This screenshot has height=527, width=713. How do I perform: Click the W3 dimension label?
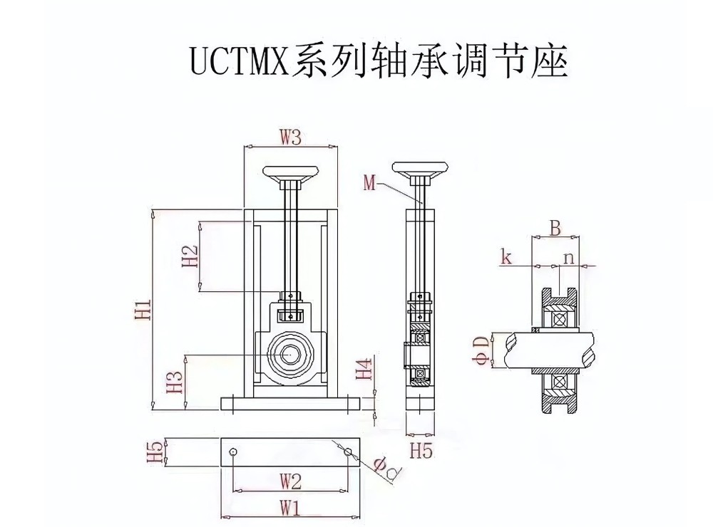[290, 137]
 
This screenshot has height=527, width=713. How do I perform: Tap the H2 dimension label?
[190, 256]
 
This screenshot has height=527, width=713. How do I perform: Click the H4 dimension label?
[364, 368]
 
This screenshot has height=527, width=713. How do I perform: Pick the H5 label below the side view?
[421, 450]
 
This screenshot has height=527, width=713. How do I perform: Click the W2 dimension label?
[289, 481]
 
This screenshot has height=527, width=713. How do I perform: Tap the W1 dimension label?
[289, 508]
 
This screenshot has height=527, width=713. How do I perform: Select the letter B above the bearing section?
[555, 228]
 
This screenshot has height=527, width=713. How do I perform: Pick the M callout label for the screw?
[369, 183]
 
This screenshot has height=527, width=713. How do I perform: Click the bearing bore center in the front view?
[289, 354]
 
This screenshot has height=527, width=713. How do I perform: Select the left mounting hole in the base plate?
[233, 452]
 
